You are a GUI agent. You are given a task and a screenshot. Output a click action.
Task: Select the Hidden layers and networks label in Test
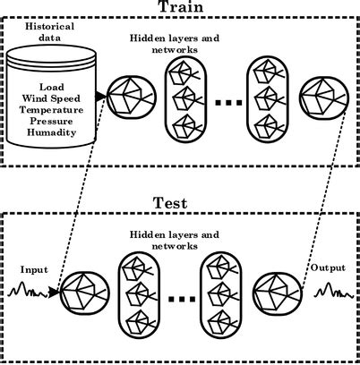tap(174, 239)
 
